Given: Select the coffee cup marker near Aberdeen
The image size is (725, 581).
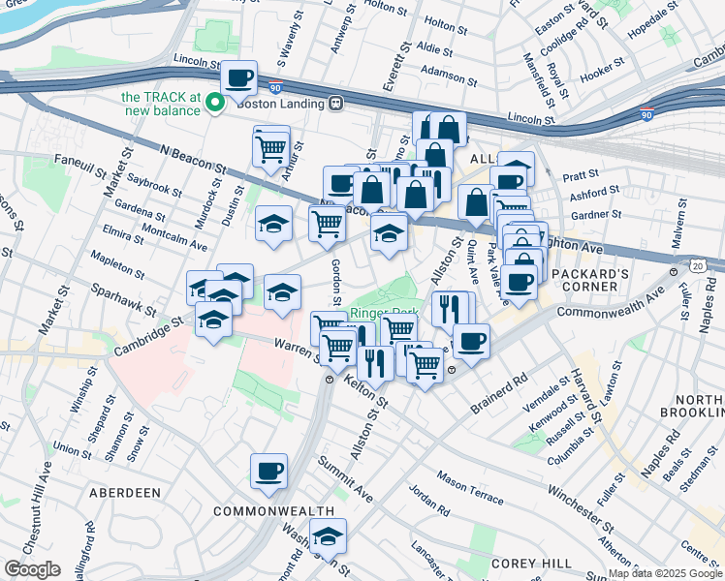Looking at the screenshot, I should (268, 472).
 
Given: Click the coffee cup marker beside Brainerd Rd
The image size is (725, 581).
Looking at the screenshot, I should (471, 341).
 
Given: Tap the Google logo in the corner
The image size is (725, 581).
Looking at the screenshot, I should (32, 569).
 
